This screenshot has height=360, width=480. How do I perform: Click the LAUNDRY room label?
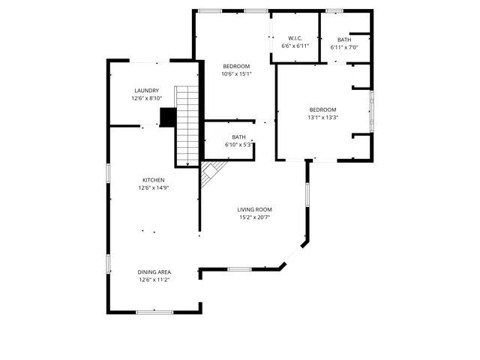tap(146, 91)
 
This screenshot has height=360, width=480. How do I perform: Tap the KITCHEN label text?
tap(154, 180)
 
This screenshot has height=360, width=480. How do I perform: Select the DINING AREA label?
tap(154, 271)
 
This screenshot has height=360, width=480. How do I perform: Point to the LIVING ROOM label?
tap(254, 209)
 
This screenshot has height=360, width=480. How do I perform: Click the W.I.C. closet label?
tap(295, 39)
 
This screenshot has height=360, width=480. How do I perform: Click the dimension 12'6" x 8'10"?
tap(146, 98)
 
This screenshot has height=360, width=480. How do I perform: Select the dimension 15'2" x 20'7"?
tap(254, 217)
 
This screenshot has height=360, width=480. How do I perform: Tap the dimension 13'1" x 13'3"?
tap(322, 117)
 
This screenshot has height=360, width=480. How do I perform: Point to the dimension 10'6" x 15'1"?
tap(236, 73)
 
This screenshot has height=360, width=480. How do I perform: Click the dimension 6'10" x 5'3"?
tap(238, 145)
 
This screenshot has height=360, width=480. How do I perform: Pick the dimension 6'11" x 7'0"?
tap(343, 47)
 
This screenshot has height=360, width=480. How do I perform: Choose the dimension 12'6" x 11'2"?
tap(154, 280)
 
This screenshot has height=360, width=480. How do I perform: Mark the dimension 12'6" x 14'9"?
tap(154, 188)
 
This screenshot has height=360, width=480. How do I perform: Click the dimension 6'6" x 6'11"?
tap(295, 46)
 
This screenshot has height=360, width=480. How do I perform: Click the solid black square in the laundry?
tap(168, 118)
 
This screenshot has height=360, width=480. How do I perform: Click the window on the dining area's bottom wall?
tap(154, 311)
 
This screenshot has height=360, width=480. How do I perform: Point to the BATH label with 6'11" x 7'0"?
tap(343, 40)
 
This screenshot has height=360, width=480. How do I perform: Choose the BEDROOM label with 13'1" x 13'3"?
tap(322, 109)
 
